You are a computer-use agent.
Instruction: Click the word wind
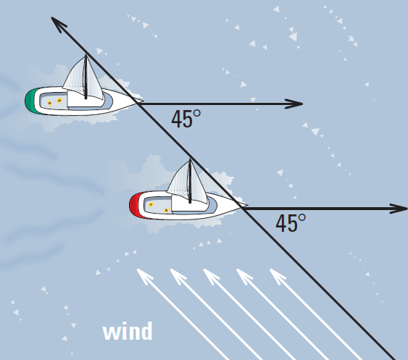pos(128,331)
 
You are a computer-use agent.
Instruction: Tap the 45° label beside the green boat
pos(186,119)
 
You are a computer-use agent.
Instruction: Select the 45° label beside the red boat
pos(291,223)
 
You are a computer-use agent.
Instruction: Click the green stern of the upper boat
pos(31,101)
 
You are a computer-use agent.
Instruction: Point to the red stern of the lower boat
pos(136,206)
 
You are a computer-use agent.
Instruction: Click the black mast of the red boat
pos(190,181)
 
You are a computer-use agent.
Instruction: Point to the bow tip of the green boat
pos(143,101)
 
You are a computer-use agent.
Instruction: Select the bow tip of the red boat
pos(247,205)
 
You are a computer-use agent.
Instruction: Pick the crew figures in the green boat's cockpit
pos(54,101)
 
